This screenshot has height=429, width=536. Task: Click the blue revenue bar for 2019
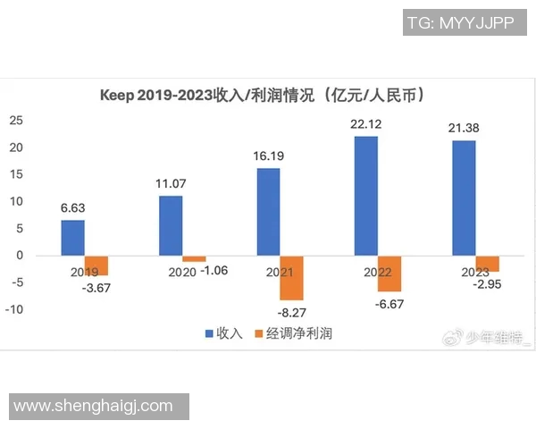(x=73, y=238)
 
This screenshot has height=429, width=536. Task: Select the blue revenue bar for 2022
(x=366, y=196)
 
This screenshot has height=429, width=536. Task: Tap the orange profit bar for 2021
(x=291, y=278)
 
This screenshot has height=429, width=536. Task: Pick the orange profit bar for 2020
(x=194, y=258)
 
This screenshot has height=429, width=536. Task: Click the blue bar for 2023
(x=464, y=198)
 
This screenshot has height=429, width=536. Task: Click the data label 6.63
(x=73, y=208)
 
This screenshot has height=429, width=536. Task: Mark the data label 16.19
(x=268, y=156)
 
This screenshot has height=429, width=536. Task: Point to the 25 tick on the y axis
(x=15, y=121)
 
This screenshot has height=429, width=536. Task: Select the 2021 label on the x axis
(x=268, y=270)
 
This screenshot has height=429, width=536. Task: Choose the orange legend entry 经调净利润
(x=293, y=333)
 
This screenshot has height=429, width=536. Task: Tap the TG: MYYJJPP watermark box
(x=459, y=22)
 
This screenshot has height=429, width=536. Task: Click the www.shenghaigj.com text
(x=94, y=406)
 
